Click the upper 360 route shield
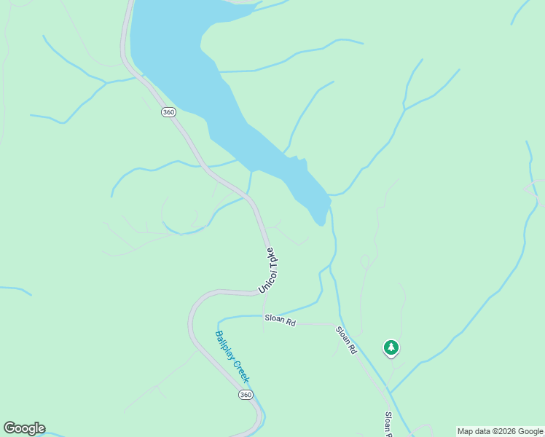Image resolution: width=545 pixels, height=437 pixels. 169,112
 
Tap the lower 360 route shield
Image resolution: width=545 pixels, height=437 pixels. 246,394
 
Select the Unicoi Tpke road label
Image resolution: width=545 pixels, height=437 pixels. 270,271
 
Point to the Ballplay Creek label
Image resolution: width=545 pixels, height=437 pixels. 232,357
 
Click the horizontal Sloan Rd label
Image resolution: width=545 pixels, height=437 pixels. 280,320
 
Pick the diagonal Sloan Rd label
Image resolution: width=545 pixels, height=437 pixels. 346,339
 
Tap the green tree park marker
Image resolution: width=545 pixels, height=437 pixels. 391,347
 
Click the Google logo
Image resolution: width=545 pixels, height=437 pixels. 24,428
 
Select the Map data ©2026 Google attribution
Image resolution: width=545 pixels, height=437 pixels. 500,431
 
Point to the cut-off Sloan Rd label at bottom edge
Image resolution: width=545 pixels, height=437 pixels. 388,422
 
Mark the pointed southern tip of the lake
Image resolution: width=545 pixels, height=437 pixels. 318,223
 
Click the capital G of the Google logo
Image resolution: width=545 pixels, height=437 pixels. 9,428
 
